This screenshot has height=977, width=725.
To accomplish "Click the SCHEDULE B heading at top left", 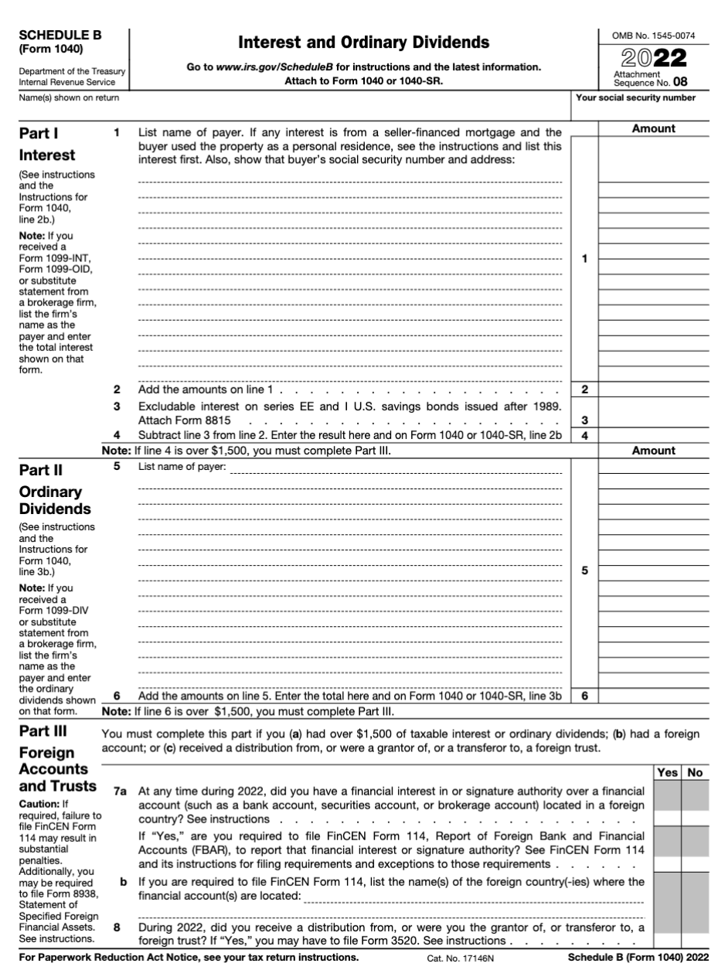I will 60,35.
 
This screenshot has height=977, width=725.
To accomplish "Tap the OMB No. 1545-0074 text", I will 654,36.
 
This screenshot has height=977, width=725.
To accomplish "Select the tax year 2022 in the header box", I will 654,56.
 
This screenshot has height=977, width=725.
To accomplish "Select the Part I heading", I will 39,133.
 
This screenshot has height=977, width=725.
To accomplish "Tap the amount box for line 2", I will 654,390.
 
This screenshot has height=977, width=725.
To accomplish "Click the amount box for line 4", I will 654,435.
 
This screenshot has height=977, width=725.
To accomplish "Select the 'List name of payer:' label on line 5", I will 182,467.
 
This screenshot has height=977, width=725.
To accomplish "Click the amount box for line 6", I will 654,696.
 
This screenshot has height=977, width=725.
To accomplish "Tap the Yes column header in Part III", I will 667,771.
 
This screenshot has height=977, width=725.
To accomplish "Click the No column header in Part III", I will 696,771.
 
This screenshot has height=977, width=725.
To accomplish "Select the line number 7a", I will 119,791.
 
